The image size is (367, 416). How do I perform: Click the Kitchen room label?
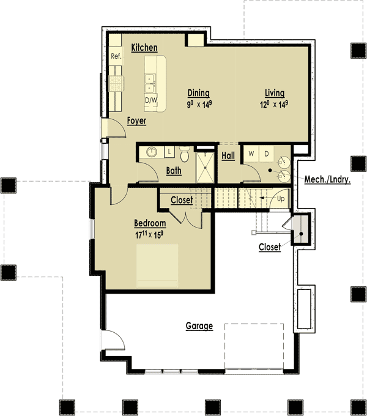[144, 48]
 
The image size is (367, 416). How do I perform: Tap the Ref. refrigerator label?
[116, 56]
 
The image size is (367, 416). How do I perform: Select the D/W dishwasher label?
[150, 100]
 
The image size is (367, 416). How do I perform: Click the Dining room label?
[198, 93]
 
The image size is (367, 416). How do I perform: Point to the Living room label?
[275, 93]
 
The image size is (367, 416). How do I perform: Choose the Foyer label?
[136, 121]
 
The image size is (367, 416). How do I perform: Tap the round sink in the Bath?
[149, 152]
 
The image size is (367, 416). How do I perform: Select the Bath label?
[174, 171]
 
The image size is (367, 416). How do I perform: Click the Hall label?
[228, 156]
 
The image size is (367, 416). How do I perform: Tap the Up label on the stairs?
[281, 199]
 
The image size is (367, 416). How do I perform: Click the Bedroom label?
[150, 223]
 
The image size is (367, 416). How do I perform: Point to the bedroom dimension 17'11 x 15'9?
[150, 234]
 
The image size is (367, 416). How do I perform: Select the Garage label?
[199, 326]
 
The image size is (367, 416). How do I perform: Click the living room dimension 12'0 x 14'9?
[274, 104]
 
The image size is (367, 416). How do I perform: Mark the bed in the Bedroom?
[157, 265]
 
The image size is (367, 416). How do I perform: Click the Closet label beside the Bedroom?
[182, 200]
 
